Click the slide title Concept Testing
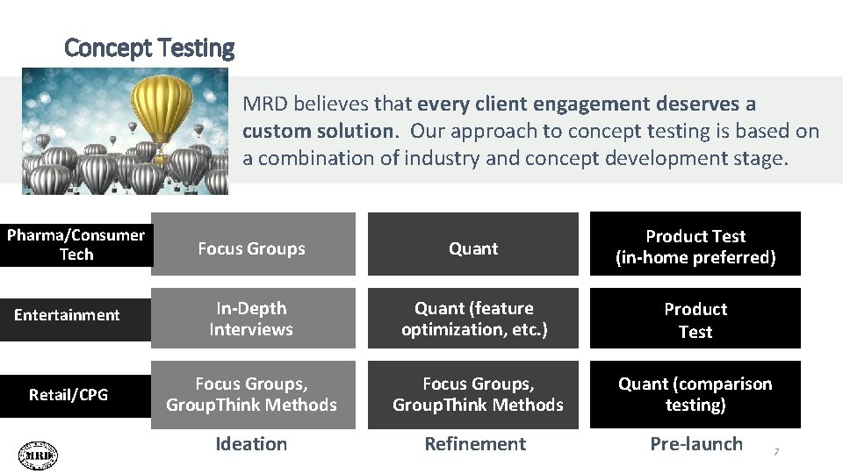[149, 47]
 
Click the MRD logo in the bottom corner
[38, 455]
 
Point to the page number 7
[775, 452]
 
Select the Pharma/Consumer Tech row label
[76, 245]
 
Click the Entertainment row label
[67, 315]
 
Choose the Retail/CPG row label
[68, 395]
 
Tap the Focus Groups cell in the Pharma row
[252, 248]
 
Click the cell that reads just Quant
[473, 248]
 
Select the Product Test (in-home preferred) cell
[695, 247]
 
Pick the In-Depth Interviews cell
[252, 319]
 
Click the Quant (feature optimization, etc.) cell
[474, 319]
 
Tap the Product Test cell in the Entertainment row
[695, 320]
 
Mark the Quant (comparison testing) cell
[695, 394]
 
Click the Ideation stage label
[252, 444]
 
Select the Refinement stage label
[475, 444]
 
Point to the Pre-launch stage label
[696, 444]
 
